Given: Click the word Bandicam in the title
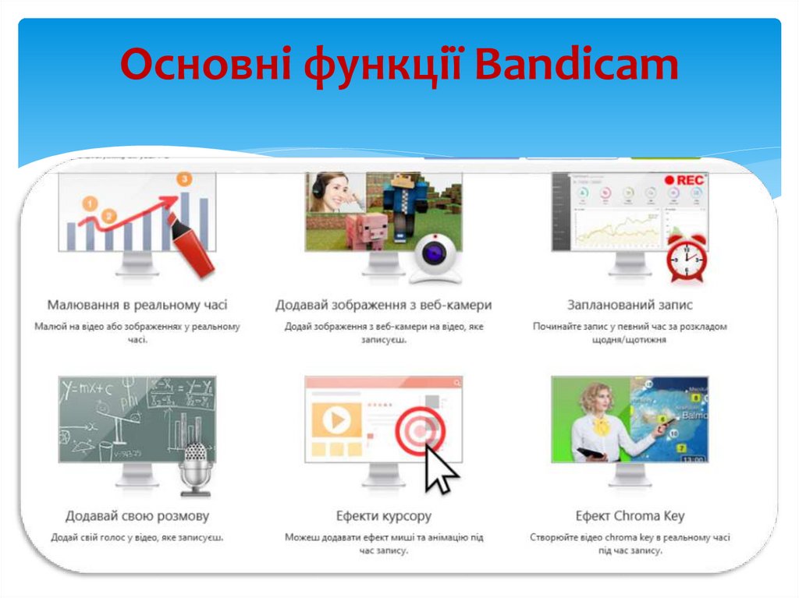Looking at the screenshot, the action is point(577,65).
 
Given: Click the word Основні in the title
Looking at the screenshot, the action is point(206,65).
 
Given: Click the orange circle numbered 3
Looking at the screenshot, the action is point(184,179).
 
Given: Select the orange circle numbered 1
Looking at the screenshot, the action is point(91,204).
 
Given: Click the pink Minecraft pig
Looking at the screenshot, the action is point(367,232).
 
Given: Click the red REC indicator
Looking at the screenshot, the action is point(684,180).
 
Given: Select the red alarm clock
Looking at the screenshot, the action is point(687,257).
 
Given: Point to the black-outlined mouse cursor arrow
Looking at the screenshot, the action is point(440,469).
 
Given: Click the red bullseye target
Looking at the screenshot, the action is point(420,431).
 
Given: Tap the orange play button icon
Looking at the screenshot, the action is point(336,420).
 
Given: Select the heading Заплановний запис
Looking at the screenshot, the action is point(630,305).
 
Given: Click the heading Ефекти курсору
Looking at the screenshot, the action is point(384,516).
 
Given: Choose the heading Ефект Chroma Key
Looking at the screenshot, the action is point(630,516).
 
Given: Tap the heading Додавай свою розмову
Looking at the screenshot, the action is point(137,516).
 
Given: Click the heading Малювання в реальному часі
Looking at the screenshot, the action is point(137,305).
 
